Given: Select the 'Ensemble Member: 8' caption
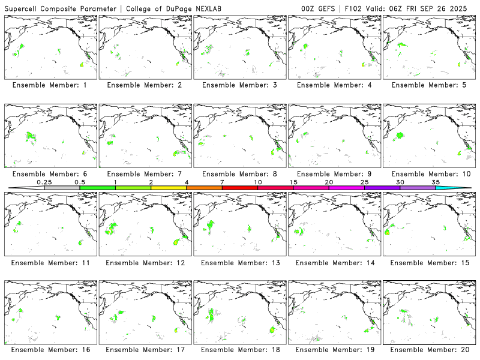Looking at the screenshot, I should pyautogui.click(x=239, y=174).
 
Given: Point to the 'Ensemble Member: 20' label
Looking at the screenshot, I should pyautogui.click(x=429, y=349).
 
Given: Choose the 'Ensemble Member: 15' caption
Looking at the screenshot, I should pyautogui.click(x=429, y=262).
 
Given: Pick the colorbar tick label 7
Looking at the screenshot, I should pyautogui.click(x=222, y=182).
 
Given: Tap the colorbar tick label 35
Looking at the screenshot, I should pyautogui.click(x=436, y=182).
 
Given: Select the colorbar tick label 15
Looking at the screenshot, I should pyautogui.click(x=293, y=182).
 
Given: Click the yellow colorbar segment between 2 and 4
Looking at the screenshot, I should pyautogui.click(x=169, y=188).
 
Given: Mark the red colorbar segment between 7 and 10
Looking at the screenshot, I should pyautogui.click(x=240, y=188).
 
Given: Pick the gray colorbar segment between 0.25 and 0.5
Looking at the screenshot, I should pyautogui.click(x=62, y=188).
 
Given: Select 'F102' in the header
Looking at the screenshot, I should pyautogui.click(x=355, y=7).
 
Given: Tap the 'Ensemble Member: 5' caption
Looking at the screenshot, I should pyautogui.click(x=429, y=85).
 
